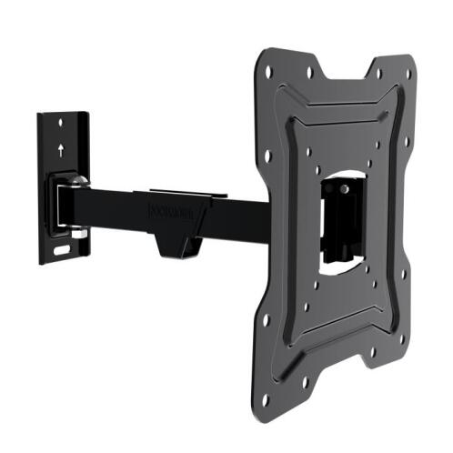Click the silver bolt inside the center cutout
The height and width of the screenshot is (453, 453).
click(347, 188)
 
